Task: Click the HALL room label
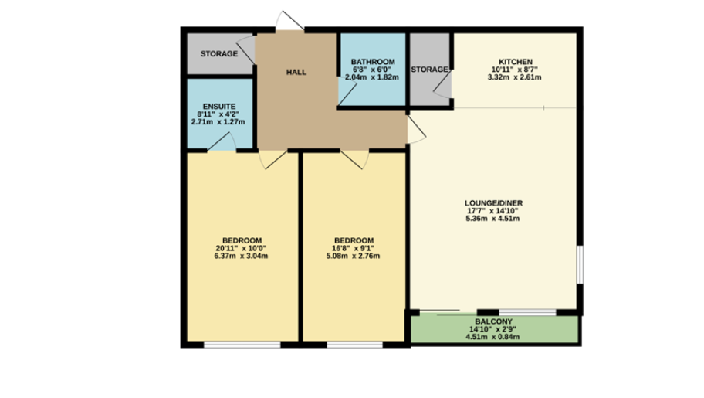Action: (296, 73)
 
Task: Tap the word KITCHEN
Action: (516, 62)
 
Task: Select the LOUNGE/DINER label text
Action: (495, 203)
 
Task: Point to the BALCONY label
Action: (494, 321)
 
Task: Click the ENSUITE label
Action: (218, 106)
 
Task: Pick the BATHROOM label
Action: (373, 62)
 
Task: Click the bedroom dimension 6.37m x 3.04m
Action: (242, 256)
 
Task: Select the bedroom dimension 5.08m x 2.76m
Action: (354, 256)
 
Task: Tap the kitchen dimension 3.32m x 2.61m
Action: (516, 77)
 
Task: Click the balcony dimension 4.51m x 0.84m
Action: (494, 337)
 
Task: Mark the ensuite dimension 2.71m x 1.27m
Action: (218, 122)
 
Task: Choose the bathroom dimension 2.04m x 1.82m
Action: (373, 77)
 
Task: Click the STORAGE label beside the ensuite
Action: (219, 54)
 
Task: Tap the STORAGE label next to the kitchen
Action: (429, 70)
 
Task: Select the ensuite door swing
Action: (224, 140)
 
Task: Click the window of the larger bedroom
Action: (241, 344)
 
